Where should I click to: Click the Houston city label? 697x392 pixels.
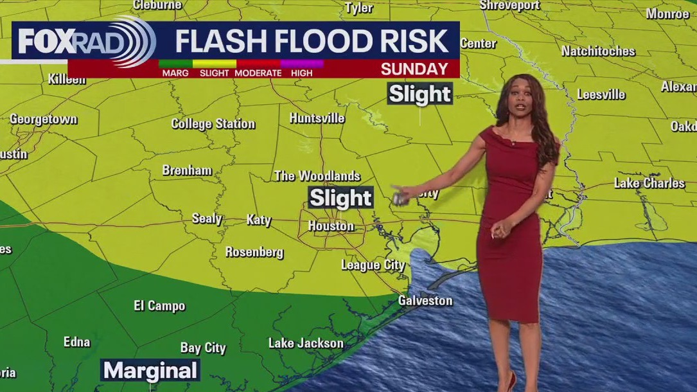tap(331, 226)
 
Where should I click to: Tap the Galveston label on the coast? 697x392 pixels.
tap(425, 300)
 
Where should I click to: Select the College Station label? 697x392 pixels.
tap(213, 123)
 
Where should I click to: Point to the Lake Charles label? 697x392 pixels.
tap(649, 183)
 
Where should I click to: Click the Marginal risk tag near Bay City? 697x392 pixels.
tap(151, 370)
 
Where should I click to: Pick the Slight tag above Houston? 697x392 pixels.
tap(340, 198)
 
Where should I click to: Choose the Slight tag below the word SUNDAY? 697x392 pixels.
tap(420, 94)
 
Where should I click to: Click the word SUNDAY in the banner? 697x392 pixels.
tap(414, 69)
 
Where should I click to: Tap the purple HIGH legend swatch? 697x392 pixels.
tap(301, 64)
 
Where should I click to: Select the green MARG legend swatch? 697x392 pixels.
tap(175, 64)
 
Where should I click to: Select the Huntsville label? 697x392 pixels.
tap(317, 118)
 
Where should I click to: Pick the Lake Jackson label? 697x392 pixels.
tap(305, 343)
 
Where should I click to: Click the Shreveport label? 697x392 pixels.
tap(509, 5)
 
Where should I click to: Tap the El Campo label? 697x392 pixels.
tap(159, 306)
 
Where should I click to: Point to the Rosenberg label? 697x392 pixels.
tap(254, 252)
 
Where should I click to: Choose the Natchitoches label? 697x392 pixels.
tap(597, 51)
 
